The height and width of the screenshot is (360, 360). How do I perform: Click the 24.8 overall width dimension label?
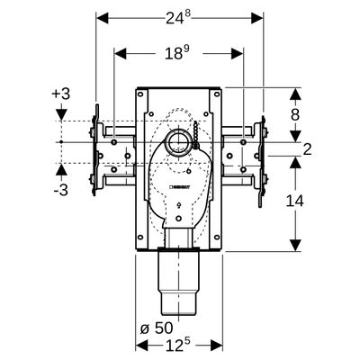tap(178, 19)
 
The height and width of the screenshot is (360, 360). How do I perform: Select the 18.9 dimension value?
tap(178, 54)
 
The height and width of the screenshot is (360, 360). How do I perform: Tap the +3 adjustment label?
tap(61, 94)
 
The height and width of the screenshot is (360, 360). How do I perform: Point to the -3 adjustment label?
tap(61, 190)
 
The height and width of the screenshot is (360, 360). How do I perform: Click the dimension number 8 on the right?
tap(295, 114)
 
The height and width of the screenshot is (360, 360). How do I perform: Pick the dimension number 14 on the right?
tap(294, 201)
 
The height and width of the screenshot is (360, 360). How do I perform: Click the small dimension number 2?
tap(308, 149)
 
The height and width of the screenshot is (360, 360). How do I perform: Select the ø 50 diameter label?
tap(157, 328)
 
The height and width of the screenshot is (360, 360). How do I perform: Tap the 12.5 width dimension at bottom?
tap(179, 346)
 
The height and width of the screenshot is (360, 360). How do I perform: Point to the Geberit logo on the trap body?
tap(180, 187)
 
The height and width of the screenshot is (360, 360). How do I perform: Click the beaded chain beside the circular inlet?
tap(196, 134)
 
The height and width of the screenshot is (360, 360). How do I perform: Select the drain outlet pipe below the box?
tap(179, 283)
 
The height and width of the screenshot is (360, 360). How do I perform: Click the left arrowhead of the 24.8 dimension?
tap(102, 18)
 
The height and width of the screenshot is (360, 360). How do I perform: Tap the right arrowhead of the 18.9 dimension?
tap(237, 54)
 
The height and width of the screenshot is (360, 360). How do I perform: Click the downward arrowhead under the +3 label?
tap(61, 115)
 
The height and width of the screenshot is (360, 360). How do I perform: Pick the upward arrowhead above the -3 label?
tap(61, 170)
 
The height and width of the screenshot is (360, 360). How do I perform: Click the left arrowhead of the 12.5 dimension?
tap(141, 346)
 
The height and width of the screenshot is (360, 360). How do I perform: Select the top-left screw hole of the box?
tap(140, 94)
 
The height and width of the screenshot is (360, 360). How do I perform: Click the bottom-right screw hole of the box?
tap(216, 237)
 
